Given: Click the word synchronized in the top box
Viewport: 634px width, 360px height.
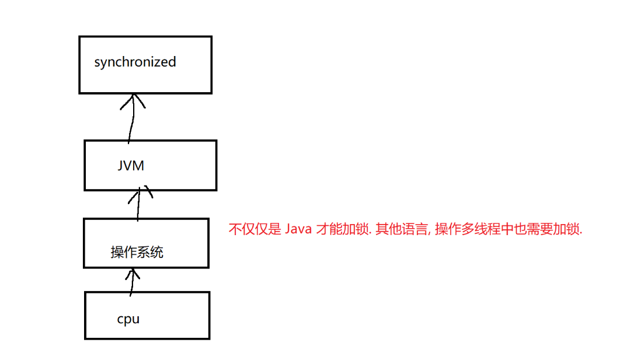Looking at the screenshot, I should (x=135, y=62).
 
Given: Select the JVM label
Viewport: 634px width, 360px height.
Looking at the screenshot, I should (x=131, y=166).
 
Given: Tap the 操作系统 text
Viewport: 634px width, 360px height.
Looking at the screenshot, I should (x=137, y=252).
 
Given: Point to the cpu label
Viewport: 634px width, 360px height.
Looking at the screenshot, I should (x=128, y=319).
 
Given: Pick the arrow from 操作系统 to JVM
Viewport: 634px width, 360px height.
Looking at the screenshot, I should (x=138, y=205).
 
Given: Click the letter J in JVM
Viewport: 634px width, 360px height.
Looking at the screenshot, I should (x=120, y=166).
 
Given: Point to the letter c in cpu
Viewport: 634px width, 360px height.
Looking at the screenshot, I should (x=120, y=320).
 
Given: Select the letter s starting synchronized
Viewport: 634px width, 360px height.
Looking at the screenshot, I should (x=97, y=62).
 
